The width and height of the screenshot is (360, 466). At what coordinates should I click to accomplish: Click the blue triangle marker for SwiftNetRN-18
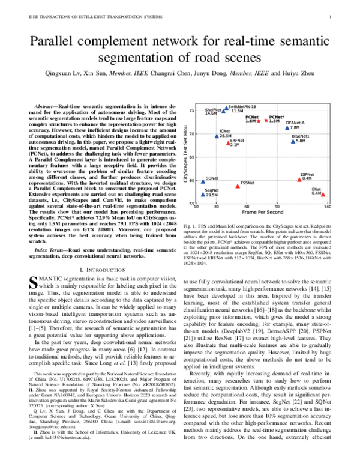226,109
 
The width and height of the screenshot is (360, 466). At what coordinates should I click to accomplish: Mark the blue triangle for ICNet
217,136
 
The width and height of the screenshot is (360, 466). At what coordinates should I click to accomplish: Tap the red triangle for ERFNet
228,143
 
